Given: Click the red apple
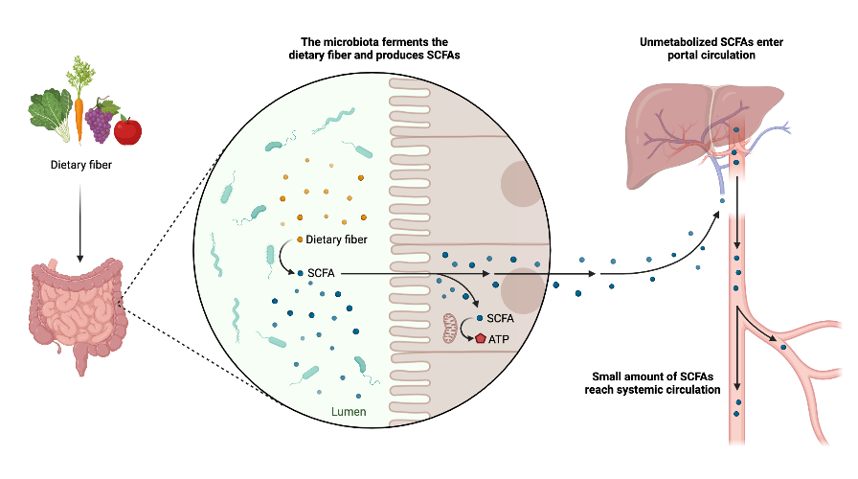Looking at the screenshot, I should pos(126,129).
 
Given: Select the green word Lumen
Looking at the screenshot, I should pos(348,412).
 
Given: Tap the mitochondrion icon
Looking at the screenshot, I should pos(450,327).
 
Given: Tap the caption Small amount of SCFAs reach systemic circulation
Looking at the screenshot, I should pos(652,384).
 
